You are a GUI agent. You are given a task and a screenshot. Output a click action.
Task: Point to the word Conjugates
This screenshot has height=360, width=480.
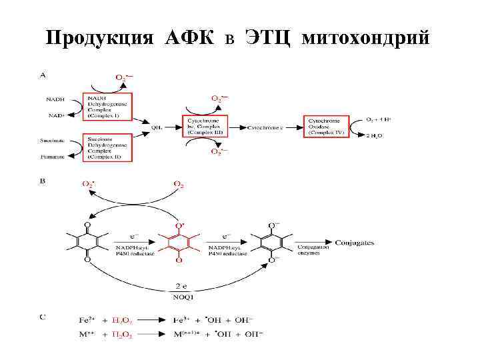[354, 243]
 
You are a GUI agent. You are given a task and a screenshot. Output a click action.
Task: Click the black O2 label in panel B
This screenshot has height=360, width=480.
[179, 184]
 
